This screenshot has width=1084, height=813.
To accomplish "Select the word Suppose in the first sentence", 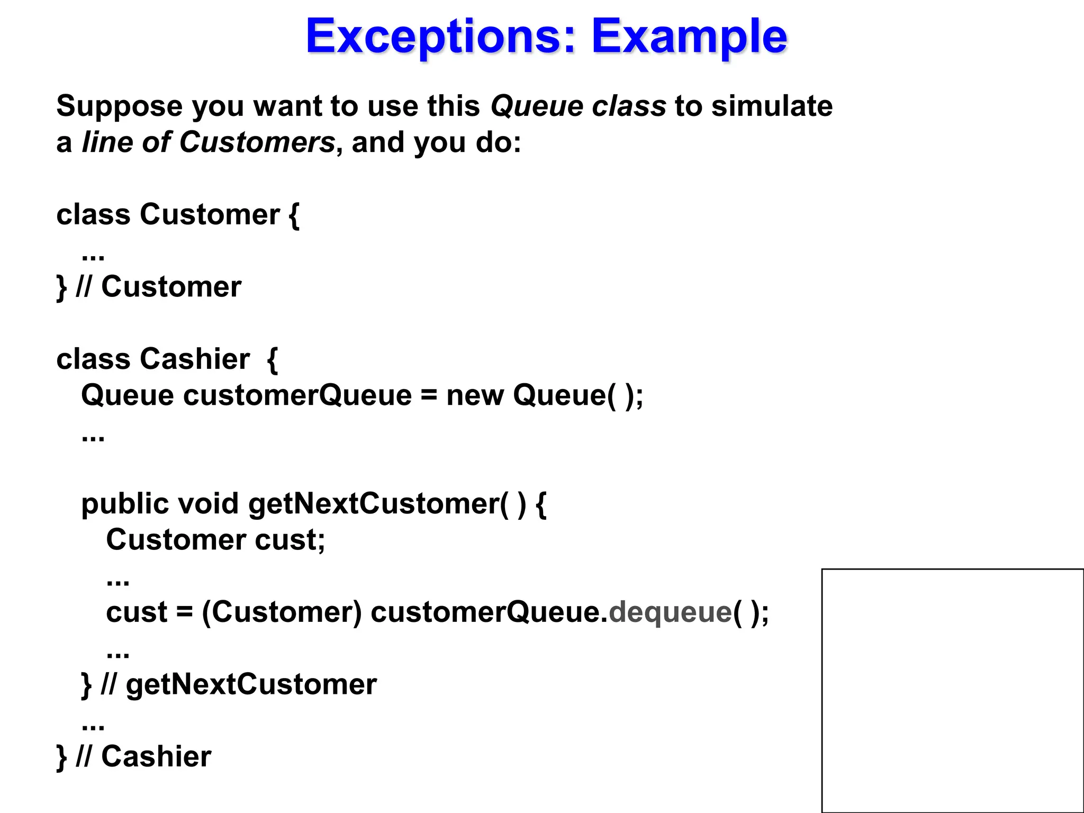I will click(x=119, y=106).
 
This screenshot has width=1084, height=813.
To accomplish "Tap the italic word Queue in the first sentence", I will click(x=537, y=106).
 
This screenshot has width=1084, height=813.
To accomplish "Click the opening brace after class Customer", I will click(x=294, y=215).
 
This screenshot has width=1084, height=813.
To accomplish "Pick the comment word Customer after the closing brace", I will click(x=171, y=287).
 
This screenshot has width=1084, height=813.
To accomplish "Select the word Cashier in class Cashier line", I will click(x=195, y=359).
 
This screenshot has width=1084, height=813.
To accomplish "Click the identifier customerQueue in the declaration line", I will click(x=297, y=395).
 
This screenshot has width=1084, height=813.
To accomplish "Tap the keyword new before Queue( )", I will click(x=475, y=395).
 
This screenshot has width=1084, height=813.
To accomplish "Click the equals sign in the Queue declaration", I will click(x=429, y=395).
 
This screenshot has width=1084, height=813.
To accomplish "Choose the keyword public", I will click(x=125, y=503).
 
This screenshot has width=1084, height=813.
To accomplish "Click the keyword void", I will click(x=208, y=503).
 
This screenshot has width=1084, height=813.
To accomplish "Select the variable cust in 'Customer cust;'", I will click(x=289, y=540).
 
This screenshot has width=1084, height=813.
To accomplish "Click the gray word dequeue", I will click(x=670, y=612).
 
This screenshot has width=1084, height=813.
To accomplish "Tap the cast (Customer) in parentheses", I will click(x=282, y=612).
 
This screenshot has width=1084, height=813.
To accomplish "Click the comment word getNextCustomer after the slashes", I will click(x=251, y=684).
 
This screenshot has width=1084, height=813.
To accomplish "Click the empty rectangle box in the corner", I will click(x=952, y=690).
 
